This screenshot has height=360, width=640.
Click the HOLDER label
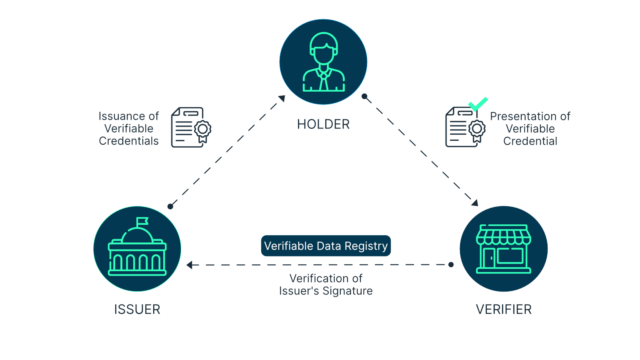(323, 124)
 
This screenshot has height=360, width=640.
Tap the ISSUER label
(137, 309)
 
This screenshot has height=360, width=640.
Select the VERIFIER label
(504, 309)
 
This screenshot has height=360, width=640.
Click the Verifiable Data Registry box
(326, 246)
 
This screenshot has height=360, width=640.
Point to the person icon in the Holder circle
(324, 62)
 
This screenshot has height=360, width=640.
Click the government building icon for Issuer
(137, 250)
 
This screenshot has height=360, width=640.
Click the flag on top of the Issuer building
(142, 221)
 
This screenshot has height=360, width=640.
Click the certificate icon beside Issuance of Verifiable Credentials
(191, 127)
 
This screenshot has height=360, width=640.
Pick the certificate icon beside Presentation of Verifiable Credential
(465, 127)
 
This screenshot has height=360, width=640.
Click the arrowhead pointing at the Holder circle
(282, 98)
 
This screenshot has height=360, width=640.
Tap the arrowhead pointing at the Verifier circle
(474, 203)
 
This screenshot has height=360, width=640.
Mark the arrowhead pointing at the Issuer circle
(190, 265)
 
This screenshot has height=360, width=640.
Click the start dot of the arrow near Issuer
(170, 206)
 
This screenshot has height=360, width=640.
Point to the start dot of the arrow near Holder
(364, 96)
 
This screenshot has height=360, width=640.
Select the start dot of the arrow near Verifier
(451, 264)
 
